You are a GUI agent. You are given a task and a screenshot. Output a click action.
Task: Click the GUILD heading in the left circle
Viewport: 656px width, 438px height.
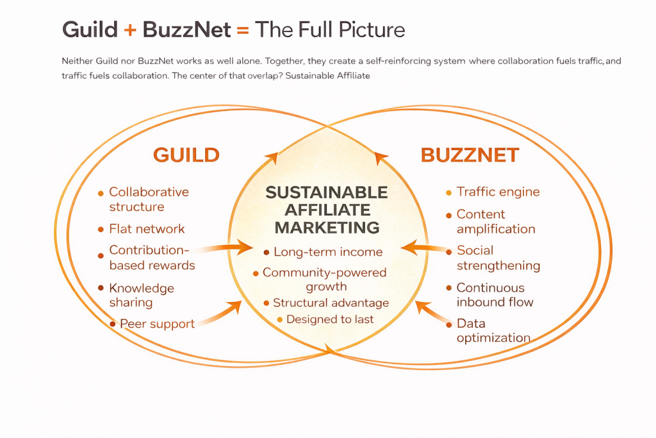[x=186, y=155]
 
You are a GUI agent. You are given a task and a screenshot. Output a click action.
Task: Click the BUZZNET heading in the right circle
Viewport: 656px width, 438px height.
[x=470, y=155]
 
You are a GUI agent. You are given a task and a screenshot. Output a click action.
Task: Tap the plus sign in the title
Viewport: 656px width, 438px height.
[x=130, y=29]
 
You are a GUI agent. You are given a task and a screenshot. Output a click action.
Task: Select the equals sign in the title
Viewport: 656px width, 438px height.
[x=242, y=29]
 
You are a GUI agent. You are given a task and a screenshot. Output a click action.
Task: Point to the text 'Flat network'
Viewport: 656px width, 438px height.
[x=147, y=229]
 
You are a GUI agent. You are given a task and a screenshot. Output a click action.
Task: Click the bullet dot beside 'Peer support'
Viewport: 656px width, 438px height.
[x=113, y=324]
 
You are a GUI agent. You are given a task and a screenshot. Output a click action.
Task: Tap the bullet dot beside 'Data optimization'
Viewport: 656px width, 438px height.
[x=448, y=323]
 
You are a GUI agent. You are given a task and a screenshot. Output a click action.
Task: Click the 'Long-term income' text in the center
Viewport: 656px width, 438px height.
[x=327, y=252]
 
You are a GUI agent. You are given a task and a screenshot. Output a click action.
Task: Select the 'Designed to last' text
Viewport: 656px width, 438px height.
[x=330, y=319]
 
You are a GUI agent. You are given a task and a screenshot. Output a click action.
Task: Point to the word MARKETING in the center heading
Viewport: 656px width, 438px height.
[x=327, y=227]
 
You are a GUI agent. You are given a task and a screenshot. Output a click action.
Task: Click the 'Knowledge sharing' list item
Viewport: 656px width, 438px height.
[x=141, y=295]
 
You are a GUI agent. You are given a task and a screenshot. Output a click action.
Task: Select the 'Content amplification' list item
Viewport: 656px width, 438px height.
[x=495, y=221]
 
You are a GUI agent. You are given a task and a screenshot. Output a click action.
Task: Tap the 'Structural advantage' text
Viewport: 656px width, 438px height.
[x=331, y=303]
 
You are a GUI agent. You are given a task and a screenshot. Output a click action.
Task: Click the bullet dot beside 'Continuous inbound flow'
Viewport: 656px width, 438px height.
[x=448, y=289]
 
